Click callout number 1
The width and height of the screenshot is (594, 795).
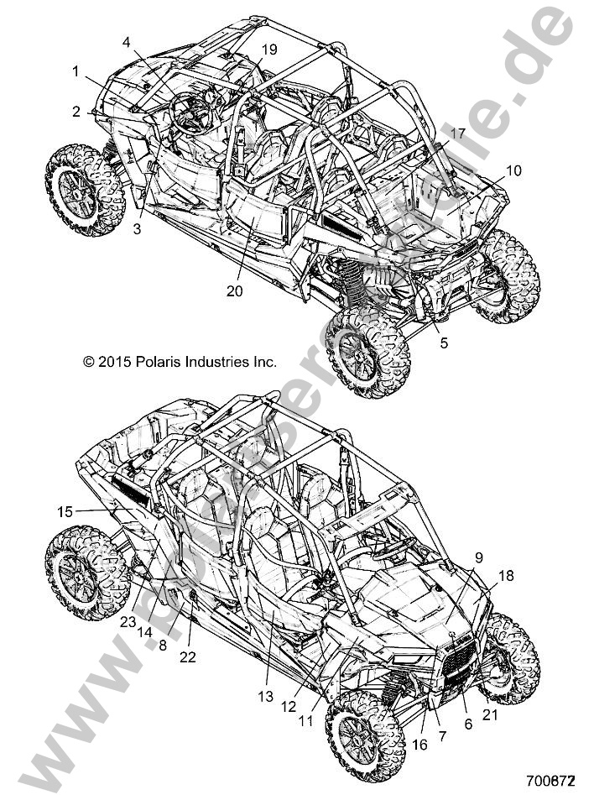tap(76, 71)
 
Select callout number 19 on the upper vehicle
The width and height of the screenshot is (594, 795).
tap(268, 50)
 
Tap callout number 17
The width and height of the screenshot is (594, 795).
tap(457, 133)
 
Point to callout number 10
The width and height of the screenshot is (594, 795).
tap(513, 170)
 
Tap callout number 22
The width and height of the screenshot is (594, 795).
tap(188, 657)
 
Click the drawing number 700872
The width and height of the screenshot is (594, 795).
tap(551, 781)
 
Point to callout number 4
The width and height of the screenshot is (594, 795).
tap(126, 41)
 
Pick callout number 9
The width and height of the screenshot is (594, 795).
tap(479, 556)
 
